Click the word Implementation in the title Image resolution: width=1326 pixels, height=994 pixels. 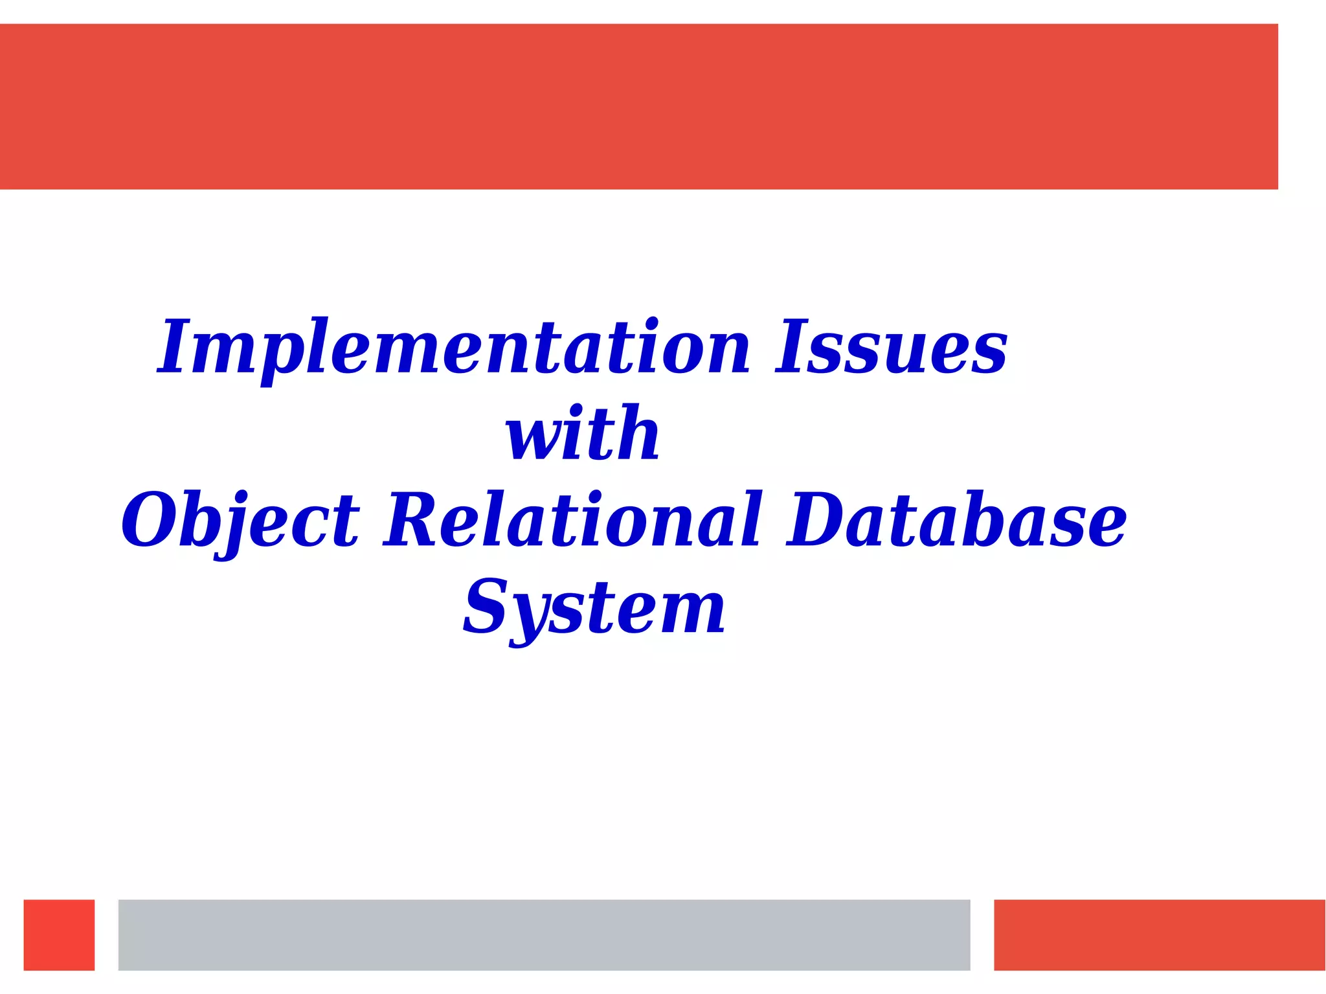453,348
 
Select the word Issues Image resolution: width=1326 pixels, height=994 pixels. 892,348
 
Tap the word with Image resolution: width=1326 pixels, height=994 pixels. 583,434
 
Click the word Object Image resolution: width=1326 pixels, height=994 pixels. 240,520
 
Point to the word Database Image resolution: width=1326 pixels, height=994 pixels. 956,520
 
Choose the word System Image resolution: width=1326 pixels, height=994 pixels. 594,607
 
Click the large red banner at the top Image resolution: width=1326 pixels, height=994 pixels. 638,107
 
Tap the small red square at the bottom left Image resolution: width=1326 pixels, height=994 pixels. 59,934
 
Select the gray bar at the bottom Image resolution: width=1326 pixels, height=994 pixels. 544,934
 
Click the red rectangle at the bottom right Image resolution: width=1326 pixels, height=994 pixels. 1159,934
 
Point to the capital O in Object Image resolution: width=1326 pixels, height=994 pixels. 150,520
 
